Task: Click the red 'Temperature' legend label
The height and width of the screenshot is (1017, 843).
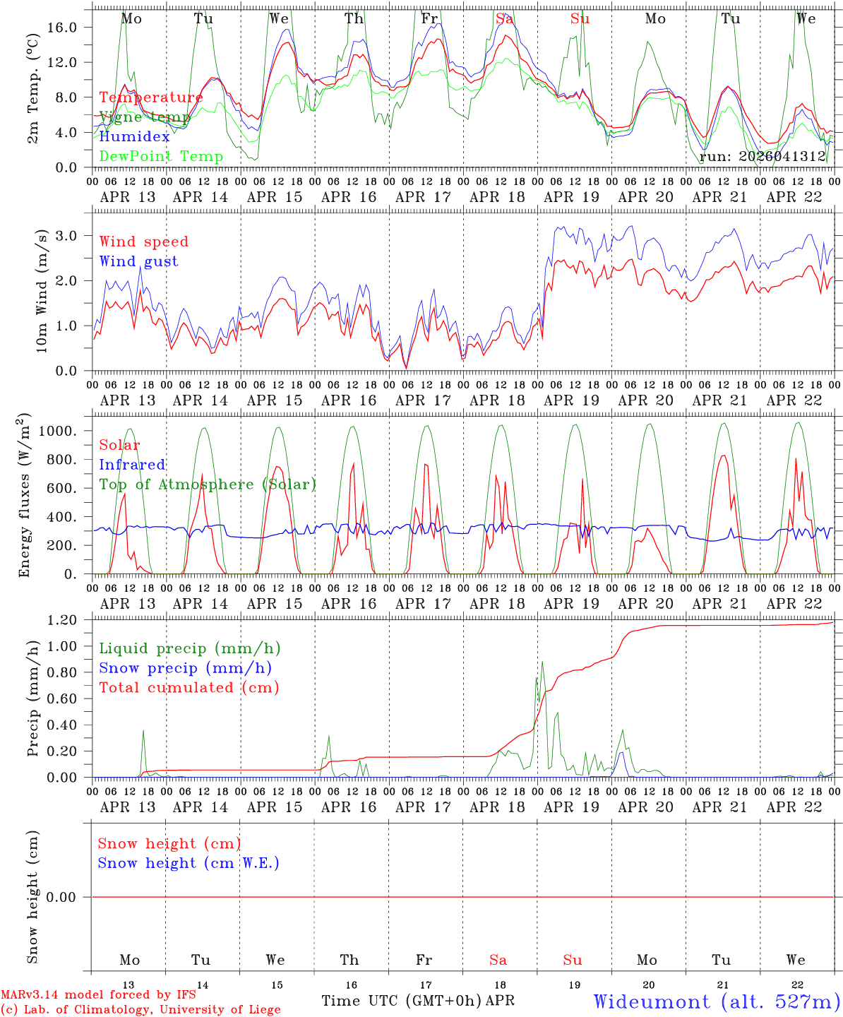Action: [x=150, y=97]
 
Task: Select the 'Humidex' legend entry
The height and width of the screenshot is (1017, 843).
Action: [x=134, y=137]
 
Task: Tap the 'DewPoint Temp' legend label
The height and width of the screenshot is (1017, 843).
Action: [x=161, y=157]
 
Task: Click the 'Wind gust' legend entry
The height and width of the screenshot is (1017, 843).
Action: [x=138, y=261]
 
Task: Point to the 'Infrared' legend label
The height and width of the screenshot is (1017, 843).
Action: [x=132, y=465]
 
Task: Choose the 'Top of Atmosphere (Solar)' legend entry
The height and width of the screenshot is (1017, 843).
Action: [x=207, y=484]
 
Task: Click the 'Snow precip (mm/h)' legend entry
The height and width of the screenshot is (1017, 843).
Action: [x=185, y=668]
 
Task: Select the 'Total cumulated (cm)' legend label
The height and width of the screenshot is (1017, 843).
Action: [x=189, y=688]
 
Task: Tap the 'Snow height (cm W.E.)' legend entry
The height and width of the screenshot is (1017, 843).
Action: [x=188, y=863]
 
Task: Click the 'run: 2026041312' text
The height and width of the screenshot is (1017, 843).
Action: [x=763, y=157]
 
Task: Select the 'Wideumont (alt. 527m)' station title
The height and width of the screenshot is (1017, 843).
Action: [x=717, y=1001]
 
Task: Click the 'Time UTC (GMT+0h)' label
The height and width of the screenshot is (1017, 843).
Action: [x=401, y=1001]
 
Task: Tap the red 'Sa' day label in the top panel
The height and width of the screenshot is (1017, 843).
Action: [x=504, y=19]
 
